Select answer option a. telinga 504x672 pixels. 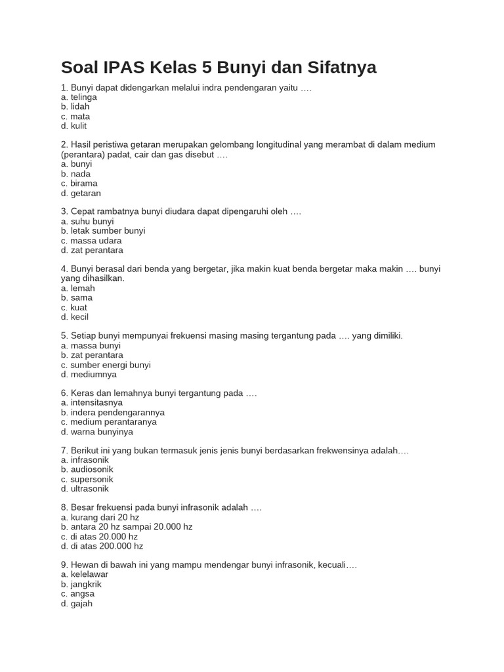[79, 97]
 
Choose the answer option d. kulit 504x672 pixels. [73, 126]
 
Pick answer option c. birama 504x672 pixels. [79, 184]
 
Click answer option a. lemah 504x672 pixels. [78, 288]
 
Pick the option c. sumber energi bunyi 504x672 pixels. [106, 365]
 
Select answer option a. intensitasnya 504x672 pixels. [92, 403]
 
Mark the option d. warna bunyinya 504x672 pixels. [96, 432]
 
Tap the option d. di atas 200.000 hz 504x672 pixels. [102, 546]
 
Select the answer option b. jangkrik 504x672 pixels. [81, 584]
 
